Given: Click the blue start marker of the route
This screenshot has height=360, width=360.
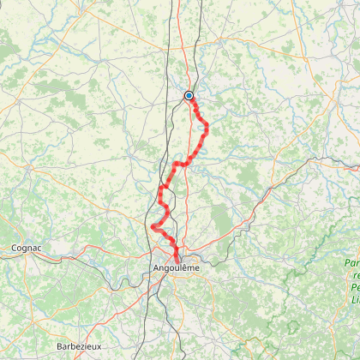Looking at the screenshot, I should [189, 96].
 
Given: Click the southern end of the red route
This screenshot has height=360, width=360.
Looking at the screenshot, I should [177, 259].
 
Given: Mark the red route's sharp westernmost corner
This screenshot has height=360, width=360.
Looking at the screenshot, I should [153, 226].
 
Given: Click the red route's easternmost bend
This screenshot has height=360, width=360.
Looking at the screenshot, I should [207, 128].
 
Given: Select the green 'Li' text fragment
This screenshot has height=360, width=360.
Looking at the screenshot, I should [355, 299].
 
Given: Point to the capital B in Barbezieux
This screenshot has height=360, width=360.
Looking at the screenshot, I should [58, 345].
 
